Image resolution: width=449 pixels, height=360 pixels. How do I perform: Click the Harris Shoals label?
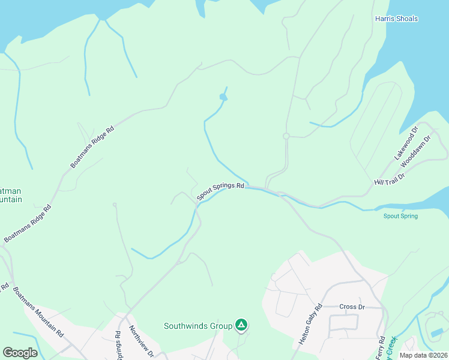click(396, 19)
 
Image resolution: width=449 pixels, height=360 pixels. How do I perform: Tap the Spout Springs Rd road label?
click(220, 191)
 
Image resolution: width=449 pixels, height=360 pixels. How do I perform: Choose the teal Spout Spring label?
click(400, 216)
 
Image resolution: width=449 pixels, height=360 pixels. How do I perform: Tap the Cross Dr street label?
click(352, 307)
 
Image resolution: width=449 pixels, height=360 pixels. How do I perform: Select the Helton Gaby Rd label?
click(310, 324)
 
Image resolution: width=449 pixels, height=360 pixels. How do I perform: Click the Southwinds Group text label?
click(198, 326)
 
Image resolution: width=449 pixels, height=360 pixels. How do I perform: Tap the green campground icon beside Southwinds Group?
click(241, 325)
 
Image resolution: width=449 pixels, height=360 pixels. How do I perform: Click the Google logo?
click(20, 352)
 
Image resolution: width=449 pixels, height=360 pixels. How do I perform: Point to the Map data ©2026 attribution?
click(423, 355)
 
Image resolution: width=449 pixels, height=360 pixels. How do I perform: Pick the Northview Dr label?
click(142, 342)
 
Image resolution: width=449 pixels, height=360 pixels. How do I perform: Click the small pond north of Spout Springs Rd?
click(223, 97)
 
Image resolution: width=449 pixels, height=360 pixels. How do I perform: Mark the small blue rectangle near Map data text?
click(438, 332)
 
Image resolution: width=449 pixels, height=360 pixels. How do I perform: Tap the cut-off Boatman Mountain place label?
click(11, 193)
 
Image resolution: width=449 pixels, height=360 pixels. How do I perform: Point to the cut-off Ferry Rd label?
click(380, 349)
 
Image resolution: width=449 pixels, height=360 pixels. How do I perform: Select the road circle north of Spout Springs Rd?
click(286, 136)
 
